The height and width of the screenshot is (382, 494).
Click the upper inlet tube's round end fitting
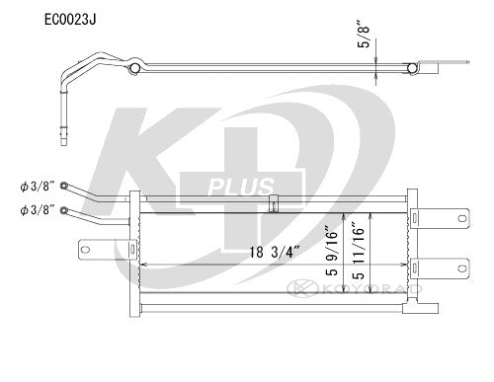[65, 186]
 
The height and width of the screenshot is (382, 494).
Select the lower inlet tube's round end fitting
[65, 209]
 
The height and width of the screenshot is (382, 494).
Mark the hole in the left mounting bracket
[86, 246]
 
